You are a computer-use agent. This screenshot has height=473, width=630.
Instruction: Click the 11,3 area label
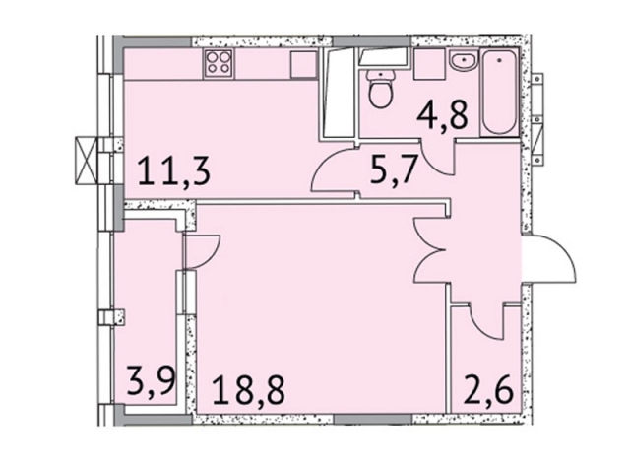point(174,171)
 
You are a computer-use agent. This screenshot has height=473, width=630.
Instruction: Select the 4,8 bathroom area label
point(442,115)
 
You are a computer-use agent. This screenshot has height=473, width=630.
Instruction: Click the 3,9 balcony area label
point(151,381)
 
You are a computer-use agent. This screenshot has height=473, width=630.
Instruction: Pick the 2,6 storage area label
point(488,390)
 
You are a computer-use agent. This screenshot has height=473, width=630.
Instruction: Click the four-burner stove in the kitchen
point(220,64)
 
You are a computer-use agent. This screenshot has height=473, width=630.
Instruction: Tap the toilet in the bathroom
point(381,89)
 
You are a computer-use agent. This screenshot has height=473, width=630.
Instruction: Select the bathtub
point(499,93)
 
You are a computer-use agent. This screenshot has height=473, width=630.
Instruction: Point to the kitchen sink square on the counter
point(304,64)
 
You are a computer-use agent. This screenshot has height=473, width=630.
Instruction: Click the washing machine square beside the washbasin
point(429,64)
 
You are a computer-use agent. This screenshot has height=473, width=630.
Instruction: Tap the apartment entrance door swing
point(549,259)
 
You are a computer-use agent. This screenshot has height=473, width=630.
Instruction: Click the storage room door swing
point(486,322)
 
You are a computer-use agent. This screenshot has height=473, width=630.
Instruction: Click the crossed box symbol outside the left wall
point(87,161)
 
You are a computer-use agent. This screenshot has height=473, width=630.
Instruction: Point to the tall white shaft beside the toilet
point(338,94)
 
